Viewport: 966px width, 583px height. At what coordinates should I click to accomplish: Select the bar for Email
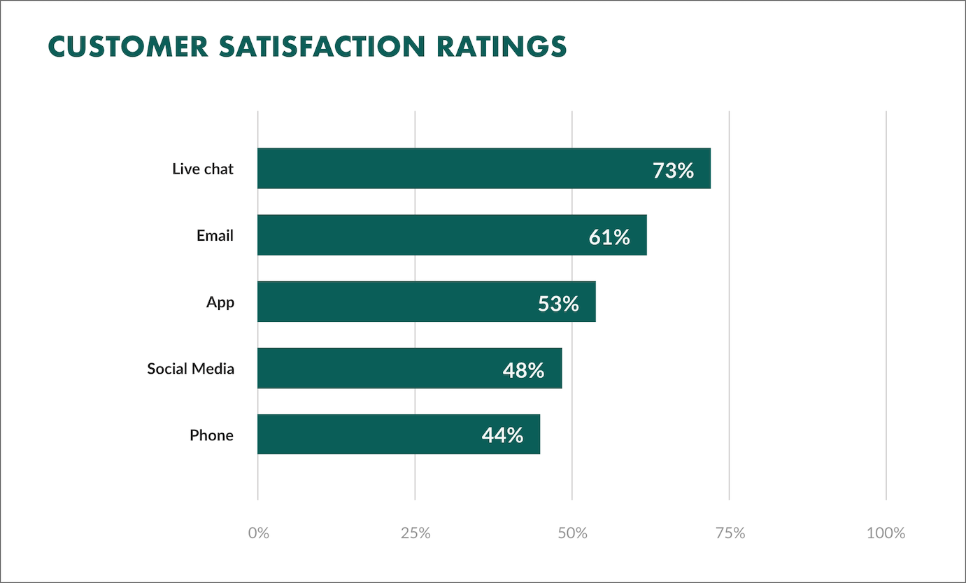(420, 235)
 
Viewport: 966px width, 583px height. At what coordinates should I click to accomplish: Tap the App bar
(392, 302)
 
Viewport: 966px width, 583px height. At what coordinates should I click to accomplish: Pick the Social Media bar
(378, 368)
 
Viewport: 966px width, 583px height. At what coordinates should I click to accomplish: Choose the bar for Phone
(364, 435)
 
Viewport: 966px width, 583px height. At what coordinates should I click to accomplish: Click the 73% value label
(673, 170)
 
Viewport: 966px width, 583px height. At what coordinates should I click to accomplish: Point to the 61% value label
(609, 237)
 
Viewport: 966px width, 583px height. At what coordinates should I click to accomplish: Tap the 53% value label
(558, 304)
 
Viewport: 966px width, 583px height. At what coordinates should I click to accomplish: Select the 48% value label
(523, 370)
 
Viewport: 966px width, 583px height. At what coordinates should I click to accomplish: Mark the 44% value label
(502, 436)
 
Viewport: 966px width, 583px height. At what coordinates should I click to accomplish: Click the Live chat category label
(203, 169)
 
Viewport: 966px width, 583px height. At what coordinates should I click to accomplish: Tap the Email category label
(215, 236)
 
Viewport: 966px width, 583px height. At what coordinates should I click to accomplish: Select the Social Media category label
(190, 369)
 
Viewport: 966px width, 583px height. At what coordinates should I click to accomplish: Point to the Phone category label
(211, 435)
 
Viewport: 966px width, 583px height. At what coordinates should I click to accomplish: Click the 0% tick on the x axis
(258, 533)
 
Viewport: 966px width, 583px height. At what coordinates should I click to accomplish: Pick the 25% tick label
(415, 533)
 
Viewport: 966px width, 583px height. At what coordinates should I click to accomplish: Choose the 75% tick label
(730, 533)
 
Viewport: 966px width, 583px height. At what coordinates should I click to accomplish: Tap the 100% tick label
(886, 533)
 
